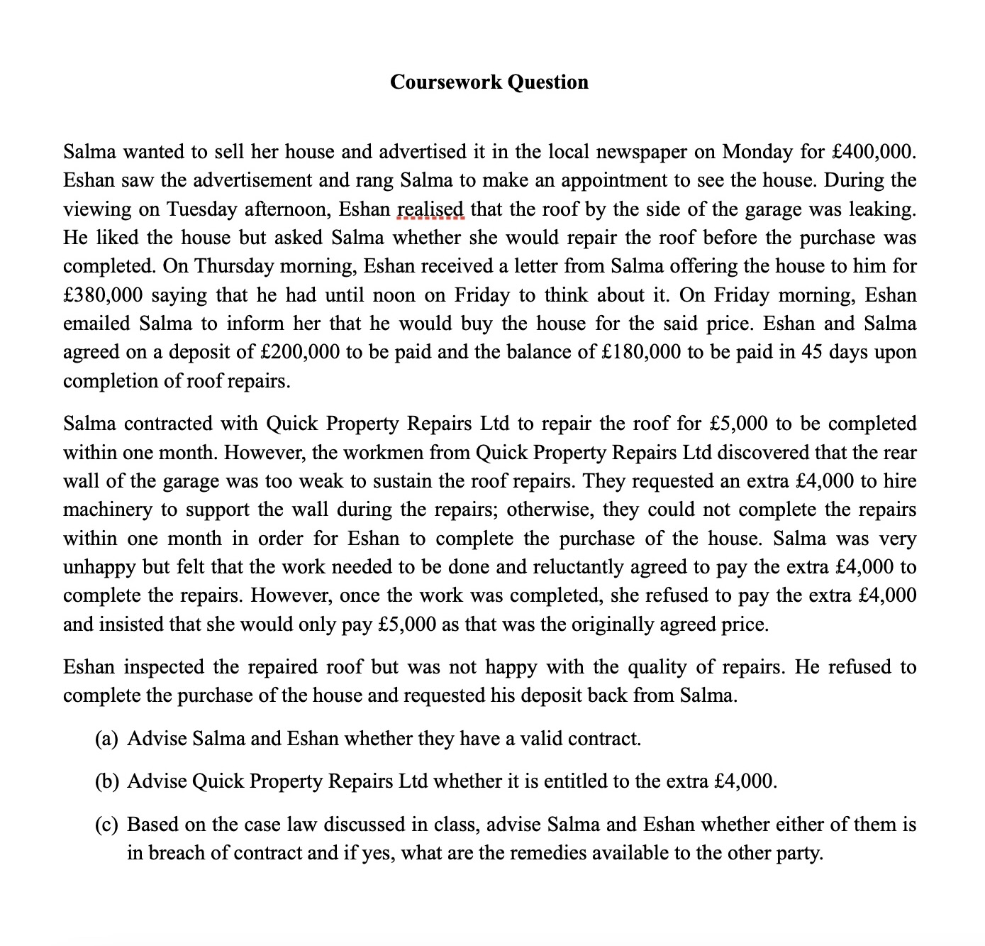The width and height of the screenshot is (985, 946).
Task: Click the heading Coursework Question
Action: coord(489,82)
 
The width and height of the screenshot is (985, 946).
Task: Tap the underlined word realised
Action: coord(430,209)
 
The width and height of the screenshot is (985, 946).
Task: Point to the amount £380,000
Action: coord(103,295)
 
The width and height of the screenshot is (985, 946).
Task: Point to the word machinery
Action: coord(107,510)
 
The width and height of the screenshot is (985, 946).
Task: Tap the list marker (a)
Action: coord(106,739)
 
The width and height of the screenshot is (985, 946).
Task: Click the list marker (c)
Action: coord(106,825)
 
